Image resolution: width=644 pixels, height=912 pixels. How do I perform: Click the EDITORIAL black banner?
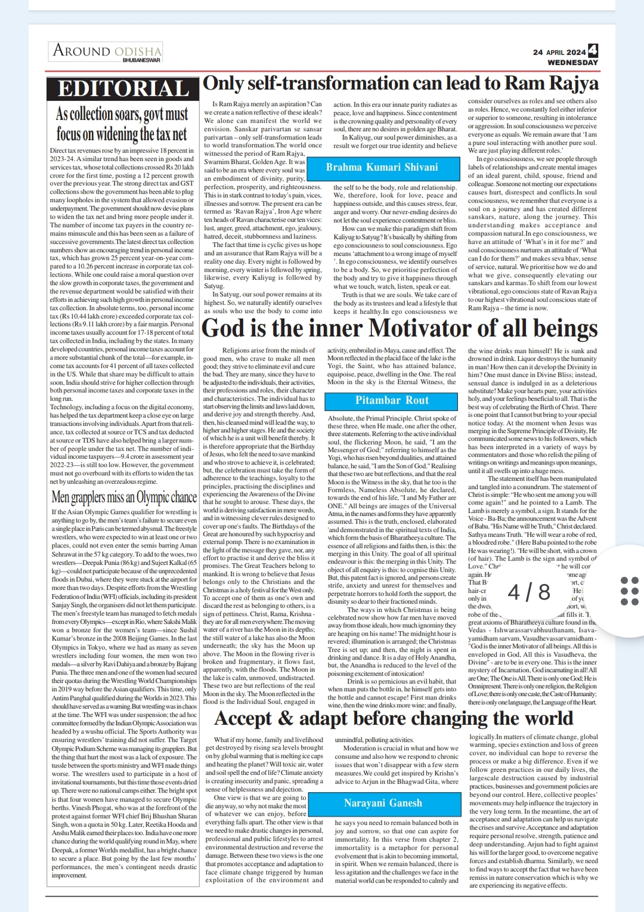123,88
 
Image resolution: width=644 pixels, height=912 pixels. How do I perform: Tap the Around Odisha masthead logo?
107,51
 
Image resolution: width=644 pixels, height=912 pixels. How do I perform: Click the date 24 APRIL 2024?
559,52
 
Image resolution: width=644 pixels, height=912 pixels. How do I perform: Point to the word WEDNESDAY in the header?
572,63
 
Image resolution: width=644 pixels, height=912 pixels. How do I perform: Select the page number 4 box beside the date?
593,51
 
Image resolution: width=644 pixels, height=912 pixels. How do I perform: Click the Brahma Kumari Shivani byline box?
382,167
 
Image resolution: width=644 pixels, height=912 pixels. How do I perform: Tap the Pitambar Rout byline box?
392,400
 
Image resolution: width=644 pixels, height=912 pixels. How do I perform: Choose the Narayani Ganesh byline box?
383,803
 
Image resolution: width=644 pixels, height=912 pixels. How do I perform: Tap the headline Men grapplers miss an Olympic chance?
124,497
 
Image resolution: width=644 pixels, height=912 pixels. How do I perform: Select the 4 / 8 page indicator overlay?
529,592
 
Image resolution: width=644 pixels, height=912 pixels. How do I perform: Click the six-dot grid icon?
629,591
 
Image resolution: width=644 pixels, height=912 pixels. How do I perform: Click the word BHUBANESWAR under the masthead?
141,60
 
